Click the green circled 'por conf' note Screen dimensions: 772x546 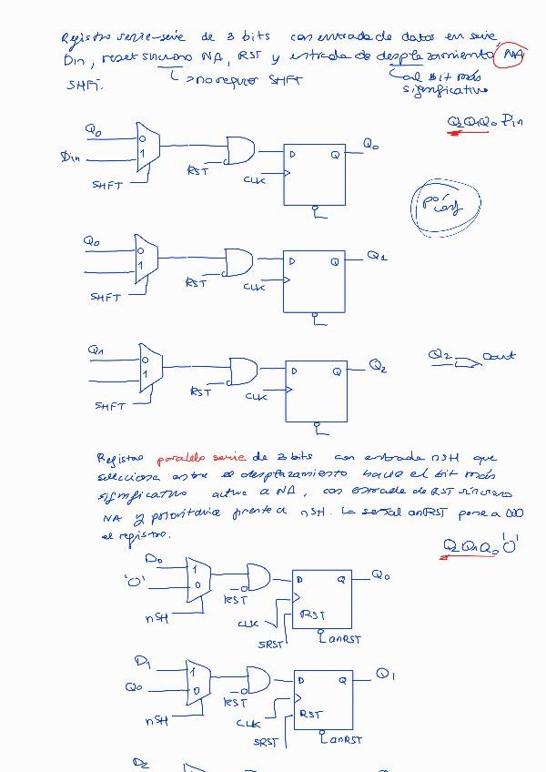click(x=441, y=206)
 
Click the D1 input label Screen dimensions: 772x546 click(x=143, y=659)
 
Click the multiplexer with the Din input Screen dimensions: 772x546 click(x=147, y=147)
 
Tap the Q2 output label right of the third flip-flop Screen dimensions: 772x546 click(x=379, y=367)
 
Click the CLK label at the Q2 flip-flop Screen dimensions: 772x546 click(x=256, y=396)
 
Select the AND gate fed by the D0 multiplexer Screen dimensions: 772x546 click(x=258, y=577)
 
